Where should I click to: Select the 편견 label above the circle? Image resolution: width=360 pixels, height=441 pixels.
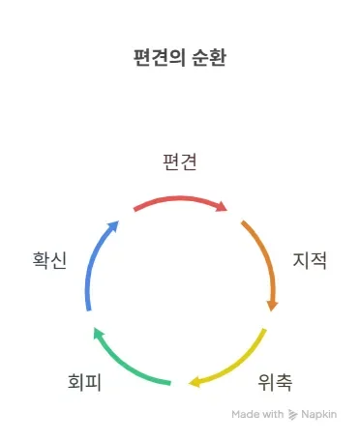(181, 162)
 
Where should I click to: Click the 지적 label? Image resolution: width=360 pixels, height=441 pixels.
(310, 260)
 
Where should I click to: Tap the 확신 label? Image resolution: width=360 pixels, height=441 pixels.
(49, 260)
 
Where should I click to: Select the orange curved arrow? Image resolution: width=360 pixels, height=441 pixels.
(263, 256)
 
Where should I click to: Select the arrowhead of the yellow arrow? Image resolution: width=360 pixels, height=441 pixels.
(195, 382)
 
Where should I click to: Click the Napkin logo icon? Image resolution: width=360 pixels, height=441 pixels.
(293, 414)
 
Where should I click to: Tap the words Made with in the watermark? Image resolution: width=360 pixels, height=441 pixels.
(257, 414)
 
